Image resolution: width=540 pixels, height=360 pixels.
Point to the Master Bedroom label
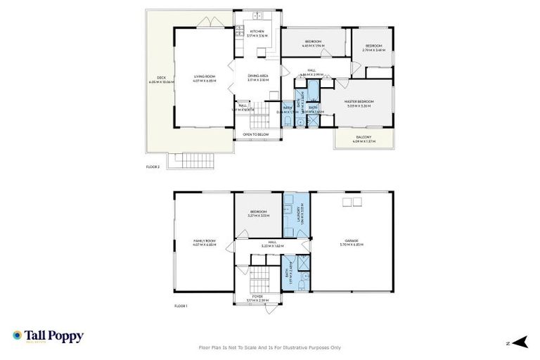point(359,103)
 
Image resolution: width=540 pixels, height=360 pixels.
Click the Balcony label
point(363,139)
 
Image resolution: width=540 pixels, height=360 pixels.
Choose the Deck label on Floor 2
point(160,80)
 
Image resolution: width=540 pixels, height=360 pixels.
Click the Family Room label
point(205,243)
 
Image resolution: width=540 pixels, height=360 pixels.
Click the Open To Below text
point(256,134)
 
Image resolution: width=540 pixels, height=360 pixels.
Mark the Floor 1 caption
point(181,307)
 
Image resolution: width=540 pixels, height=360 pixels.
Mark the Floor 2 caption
point(153,167)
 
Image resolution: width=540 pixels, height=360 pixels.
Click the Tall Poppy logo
point(48,337)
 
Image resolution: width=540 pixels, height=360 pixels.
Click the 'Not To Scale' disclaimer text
point(270,347)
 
